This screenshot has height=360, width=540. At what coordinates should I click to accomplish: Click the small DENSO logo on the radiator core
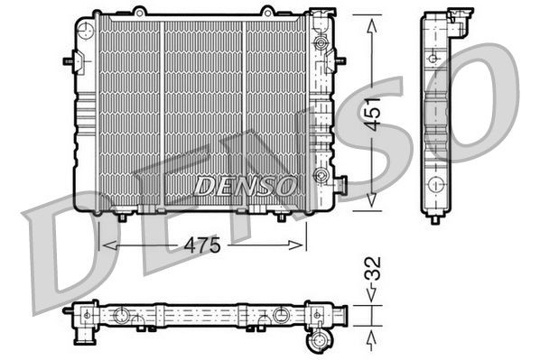[245, 186]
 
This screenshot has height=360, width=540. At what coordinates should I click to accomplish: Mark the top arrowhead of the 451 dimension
[370, 22]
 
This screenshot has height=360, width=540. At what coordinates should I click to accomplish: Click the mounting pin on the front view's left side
[68, 62]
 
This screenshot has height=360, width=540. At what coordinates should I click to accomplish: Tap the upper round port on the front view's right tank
[319, 43]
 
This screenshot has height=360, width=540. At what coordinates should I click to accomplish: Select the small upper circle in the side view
[433, 59]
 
